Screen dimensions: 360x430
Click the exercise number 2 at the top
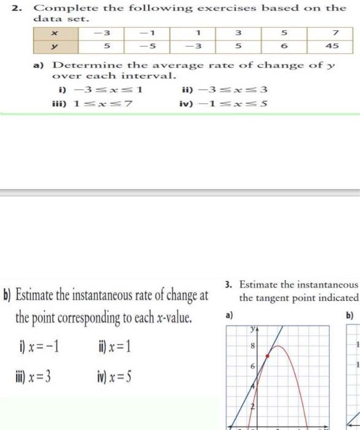pos(20,8)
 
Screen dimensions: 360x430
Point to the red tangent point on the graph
pos(266,356)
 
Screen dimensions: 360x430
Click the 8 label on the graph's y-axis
pos(253,346)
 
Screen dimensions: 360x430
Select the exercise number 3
pos(228,284)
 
